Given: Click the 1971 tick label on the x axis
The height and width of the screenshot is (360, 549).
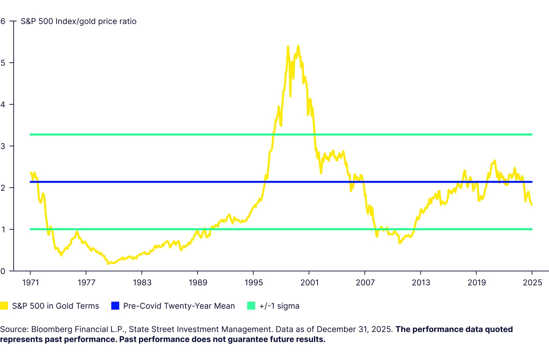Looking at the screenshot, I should pos(30,283).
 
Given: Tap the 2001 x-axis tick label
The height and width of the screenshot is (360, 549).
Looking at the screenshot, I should pos(309,283).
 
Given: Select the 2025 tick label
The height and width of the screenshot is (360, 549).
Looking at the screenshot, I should pos(532,283).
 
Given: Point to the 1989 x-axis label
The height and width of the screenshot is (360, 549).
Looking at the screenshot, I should pos(198,283).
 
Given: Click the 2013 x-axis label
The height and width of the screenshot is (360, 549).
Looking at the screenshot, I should pos(421,283).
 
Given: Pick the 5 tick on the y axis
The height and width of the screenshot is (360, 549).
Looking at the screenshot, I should pos(3,63).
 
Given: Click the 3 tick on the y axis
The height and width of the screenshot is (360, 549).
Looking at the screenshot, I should pos(3,146).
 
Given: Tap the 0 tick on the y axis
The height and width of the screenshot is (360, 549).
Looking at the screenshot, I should pos(3,271).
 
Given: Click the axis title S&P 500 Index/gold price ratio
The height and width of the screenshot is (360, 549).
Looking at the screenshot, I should pos(79,21).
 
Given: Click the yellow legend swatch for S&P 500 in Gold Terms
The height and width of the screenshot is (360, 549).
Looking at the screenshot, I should pos(4,306).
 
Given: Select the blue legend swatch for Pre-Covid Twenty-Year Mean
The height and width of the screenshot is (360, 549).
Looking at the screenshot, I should pos(115,306).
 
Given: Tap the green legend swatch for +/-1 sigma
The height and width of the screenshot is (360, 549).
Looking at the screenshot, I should pos(251,306).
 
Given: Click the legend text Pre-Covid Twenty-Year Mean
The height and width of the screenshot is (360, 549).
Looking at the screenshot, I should pos(179,306).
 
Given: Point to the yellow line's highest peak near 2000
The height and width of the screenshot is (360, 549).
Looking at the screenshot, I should pos(298,46).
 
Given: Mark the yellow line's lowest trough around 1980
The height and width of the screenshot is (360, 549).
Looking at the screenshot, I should pos(108,264).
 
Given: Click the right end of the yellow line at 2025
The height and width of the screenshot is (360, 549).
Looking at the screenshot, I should pos(532,205).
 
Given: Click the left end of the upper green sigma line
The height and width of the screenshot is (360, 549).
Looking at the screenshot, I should pos(31,135).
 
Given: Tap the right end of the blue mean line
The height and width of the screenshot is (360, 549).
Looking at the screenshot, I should pos(532,182).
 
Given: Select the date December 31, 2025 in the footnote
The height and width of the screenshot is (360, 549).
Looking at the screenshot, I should pos(354,329).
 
